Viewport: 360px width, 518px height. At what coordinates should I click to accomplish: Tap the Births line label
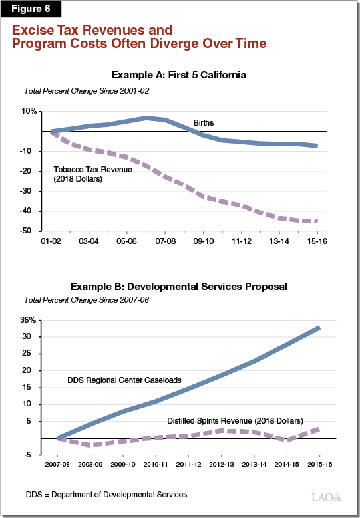click(x=203, y=123)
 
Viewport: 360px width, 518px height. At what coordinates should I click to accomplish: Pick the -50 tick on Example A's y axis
click(x=29, y=231)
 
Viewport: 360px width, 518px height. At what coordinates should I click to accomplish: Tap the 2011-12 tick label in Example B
click(x=189, y=465)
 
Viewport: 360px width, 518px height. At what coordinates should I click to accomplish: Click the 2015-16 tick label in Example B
click(x=319, y=465)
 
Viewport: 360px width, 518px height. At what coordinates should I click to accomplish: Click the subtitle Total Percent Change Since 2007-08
click(x=87, y=300)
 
